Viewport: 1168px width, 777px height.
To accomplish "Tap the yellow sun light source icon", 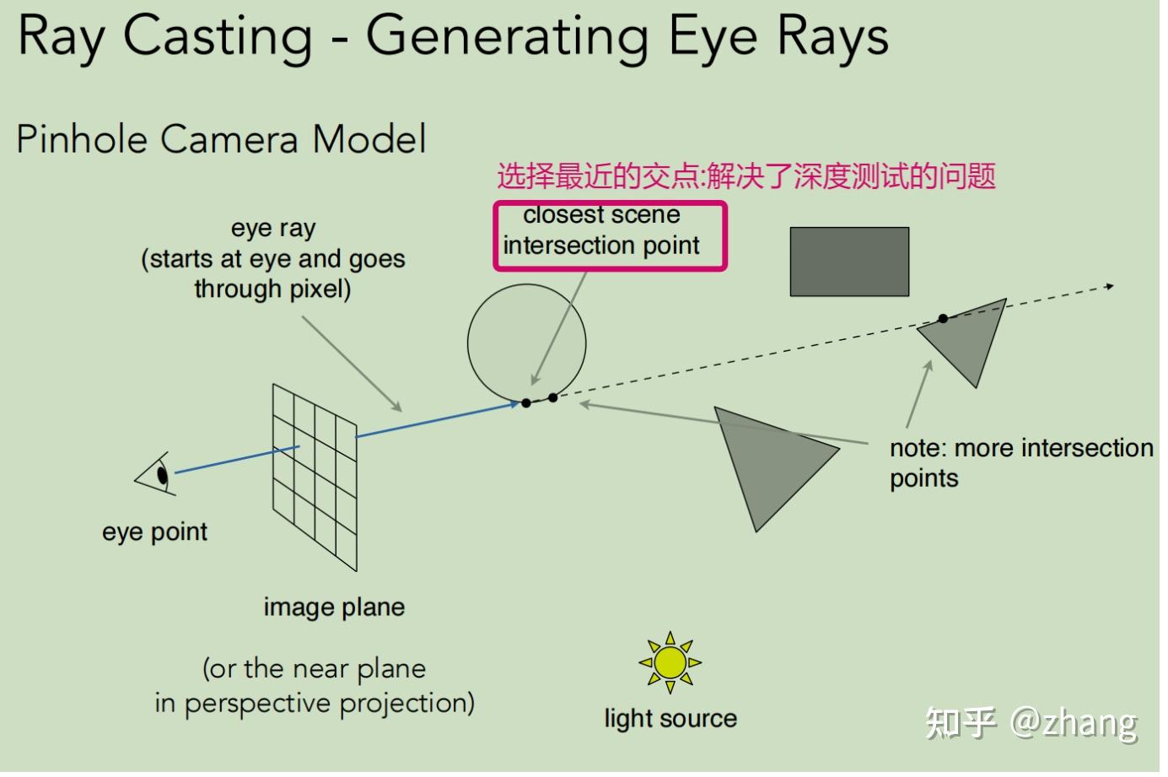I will click(670, 662).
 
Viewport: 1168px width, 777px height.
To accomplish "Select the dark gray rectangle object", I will click(849, 262).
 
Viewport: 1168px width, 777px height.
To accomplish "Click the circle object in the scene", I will click(526, 342).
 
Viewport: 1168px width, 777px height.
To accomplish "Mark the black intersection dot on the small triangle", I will click(943, 318).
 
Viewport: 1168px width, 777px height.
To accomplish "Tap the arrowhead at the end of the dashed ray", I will click(1110, 287).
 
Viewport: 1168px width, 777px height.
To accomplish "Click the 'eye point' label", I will click(154, 531).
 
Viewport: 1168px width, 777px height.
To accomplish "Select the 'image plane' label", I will click(334, 607).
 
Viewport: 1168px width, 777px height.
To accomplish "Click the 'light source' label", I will click(670, 718).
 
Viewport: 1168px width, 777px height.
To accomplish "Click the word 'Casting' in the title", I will click(218, 37).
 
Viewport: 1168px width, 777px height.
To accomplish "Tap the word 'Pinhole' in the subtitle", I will click(83, 139).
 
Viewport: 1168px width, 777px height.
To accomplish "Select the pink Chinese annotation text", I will click(746, 176).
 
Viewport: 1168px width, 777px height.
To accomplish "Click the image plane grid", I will click(315, 477).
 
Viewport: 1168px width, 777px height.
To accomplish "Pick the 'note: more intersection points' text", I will click(1020, 462).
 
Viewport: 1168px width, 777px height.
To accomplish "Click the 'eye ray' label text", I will click(272, 228).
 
